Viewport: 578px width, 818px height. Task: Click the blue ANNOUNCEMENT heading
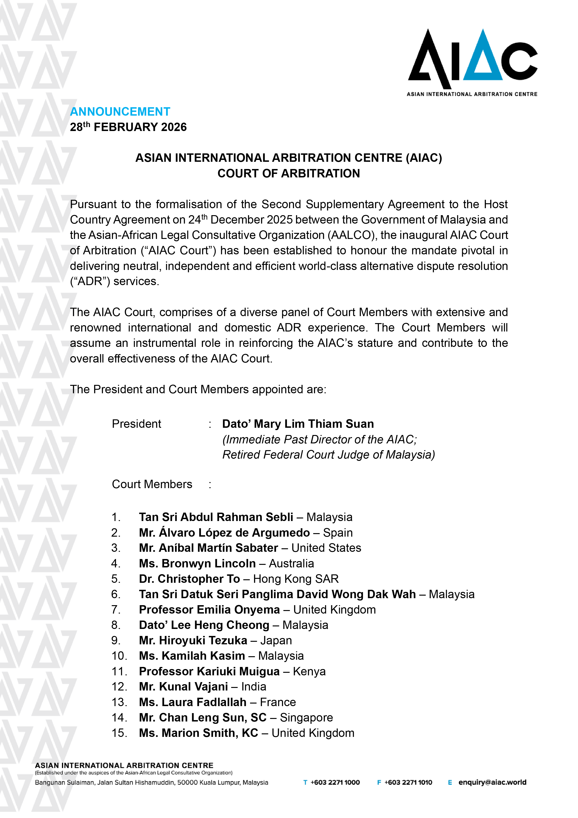[120, 111]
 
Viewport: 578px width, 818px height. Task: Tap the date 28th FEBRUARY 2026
[128, 127]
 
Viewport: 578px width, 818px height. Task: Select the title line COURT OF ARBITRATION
[289, 173]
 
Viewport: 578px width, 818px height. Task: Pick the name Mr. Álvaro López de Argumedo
[224, 533]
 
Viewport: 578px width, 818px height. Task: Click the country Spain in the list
[338, 533]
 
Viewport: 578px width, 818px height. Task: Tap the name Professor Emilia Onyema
[209, 610]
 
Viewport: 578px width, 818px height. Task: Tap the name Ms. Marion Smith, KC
[198, 733]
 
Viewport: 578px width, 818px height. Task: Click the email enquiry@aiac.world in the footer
[492, 782]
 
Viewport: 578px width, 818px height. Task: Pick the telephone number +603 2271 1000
[335, 782]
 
